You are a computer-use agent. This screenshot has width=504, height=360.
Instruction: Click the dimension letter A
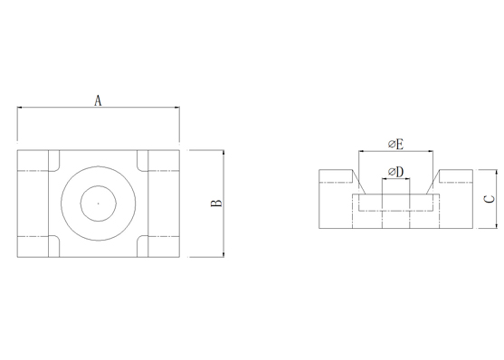point(98,100)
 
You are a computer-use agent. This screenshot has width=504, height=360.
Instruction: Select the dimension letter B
point(216,204)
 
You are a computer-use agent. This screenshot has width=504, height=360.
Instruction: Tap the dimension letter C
point(490,199)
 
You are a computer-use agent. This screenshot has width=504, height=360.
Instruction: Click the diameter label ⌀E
point(395,145)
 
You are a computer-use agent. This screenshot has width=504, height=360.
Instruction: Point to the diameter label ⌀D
point(395,172)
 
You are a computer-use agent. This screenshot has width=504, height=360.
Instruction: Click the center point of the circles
point(99,204)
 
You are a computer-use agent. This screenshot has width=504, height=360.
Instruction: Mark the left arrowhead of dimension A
point(20,108)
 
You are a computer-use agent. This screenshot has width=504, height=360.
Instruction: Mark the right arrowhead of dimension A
point(176,108)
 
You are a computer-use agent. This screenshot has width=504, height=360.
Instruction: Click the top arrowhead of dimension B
point(223,153)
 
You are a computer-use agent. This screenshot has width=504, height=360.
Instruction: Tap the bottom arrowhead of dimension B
point(223,254)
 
